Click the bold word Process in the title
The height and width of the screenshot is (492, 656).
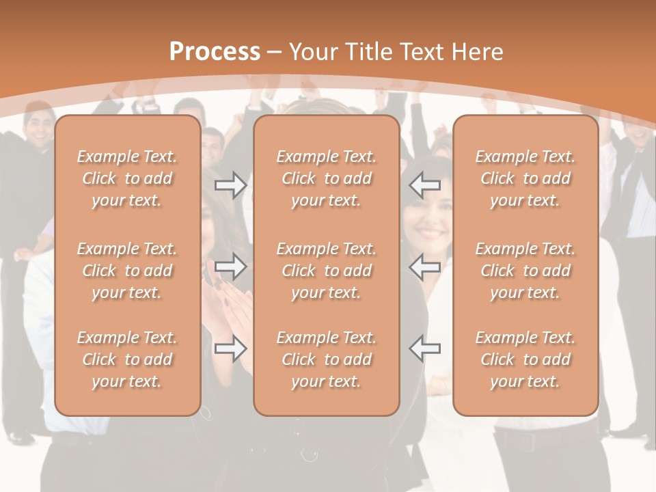coord(215,52)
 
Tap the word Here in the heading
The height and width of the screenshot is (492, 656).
coord(476,52)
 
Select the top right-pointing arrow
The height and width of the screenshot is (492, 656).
coord(230,185)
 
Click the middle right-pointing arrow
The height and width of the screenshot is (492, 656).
coord(230,266)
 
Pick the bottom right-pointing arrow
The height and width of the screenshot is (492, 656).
coord(230,348)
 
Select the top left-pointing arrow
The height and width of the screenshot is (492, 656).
coord(425,184)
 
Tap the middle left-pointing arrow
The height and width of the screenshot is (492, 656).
coord(425,266)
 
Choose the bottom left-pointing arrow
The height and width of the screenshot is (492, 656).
coord(425,348)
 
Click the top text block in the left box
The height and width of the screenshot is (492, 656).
coord(127,178)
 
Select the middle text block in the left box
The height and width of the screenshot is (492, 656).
coord(127,271)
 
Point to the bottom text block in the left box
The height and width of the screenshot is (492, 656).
coord(127,359)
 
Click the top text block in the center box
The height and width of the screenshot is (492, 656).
coord(326,178)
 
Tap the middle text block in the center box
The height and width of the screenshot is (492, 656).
coord(326,271)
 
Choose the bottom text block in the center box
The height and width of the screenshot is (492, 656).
coord(326,359)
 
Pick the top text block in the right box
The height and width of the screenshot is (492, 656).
coord(525,178)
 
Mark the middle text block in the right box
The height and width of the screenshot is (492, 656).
coord(525,271)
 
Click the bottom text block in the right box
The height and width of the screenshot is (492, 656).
coord(525,359)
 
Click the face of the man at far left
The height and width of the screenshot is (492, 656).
coord(39,127)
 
